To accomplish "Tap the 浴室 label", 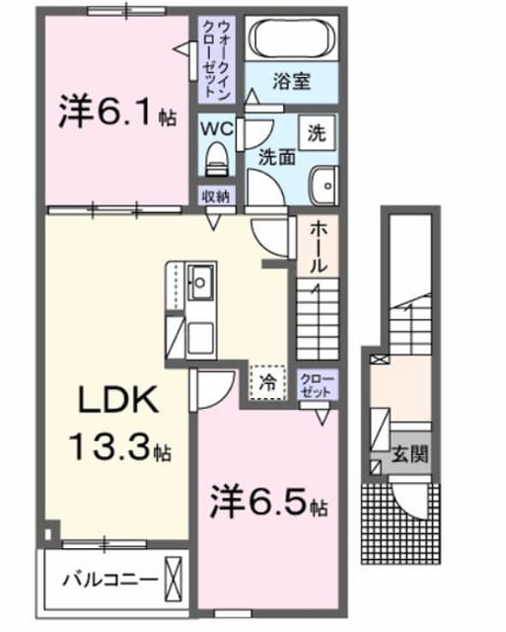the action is [291, 82].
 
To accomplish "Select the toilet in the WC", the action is [217, 159].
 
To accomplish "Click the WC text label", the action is [217, 128].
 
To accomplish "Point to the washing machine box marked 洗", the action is [317, 133].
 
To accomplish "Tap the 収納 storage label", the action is [216, 197].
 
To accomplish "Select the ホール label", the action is [318, 247].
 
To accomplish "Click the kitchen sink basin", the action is [200, 282].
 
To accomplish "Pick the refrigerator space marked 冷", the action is [267, 383].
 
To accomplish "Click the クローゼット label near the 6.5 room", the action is [318, 386].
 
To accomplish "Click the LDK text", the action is [117, 399].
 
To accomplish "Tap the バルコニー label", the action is [109, 581].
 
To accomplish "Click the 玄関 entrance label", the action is [410, 455].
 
